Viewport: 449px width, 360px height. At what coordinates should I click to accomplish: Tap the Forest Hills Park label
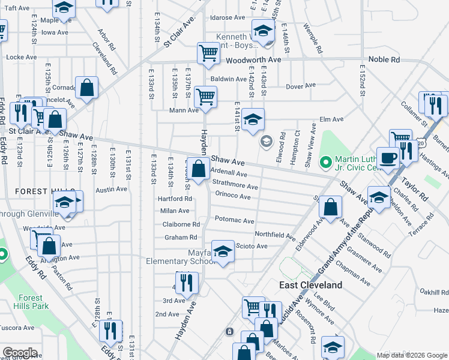point(30,301)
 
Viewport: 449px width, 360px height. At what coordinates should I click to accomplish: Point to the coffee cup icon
point(388,157)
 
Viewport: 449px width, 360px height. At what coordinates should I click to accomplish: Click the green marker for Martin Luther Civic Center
point(326,161)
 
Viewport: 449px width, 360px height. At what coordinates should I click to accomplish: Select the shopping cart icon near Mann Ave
point(205,96)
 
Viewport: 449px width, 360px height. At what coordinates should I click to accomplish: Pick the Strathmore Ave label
point(235,187)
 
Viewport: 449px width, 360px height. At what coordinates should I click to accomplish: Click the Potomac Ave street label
point(234,220)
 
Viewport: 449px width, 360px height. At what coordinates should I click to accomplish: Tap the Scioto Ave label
point(252,246)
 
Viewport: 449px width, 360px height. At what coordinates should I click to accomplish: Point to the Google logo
point(20,353)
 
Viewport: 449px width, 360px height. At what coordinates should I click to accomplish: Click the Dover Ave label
point(300,86)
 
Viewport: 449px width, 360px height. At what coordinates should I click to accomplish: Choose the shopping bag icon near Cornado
point(87,88)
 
